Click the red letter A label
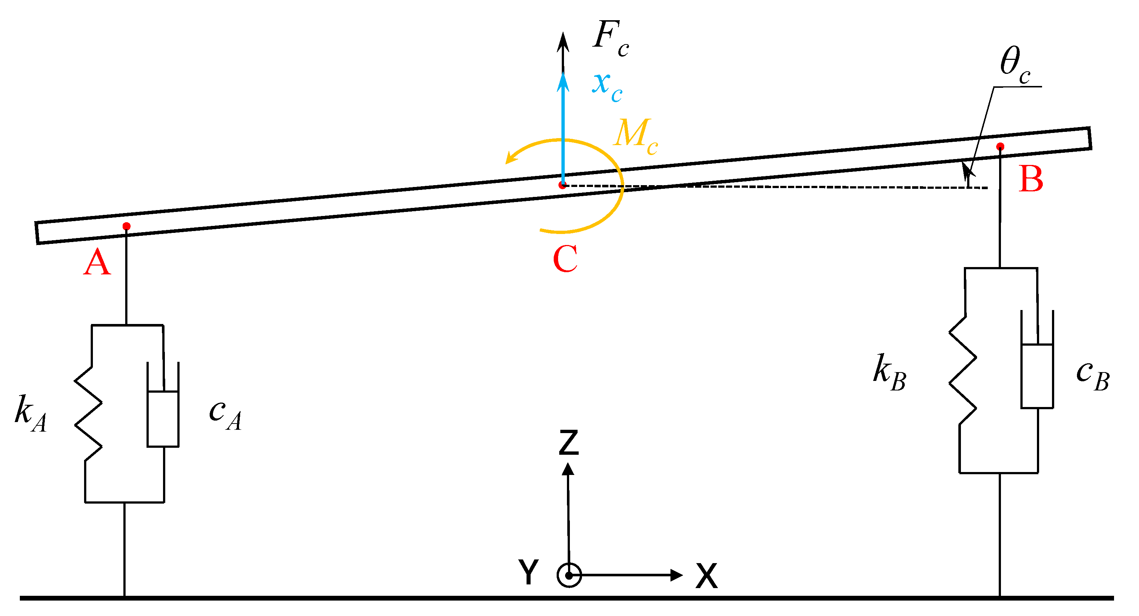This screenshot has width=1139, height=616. coord(97,262)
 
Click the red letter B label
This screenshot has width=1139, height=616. coord(1031,180)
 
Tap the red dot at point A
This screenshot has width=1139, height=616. coord(126,226)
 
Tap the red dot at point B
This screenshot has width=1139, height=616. coord(1000,146)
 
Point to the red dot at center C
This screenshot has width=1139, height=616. coord(562,185)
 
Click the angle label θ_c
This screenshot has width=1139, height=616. coord(1015,65)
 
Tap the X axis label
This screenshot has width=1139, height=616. coord(706,576)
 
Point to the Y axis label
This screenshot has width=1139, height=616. coord(528,571)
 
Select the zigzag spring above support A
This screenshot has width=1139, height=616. coord(88,414)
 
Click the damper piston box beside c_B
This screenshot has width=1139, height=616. coord(1037,376)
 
